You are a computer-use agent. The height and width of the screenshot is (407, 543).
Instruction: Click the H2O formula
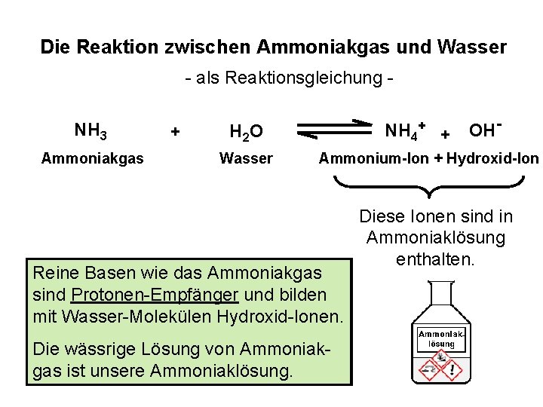click(x=246, y=133)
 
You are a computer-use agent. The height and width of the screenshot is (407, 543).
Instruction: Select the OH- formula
click(x=486, y=130)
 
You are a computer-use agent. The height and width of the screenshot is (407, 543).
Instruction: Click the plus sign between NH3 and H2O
click(x=175, y=132)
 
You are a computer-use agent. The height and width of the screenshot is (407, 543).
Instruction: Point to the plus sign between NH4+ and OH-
click(x=446, y=134)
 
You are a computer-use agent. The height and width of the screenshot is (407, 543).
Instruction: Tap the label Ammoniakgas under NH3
click(x=93, y=159)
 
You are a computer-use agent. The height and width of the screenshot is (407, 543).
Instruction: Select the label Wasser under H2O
click(x=246, y=159)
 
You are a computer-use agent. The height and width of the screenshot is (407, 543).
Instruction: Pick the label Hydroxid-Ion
click(x=492, y=159)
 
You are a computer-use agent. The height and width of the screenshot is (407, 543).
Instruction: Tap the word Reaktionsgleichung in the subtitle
click(x=290, y=78)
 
